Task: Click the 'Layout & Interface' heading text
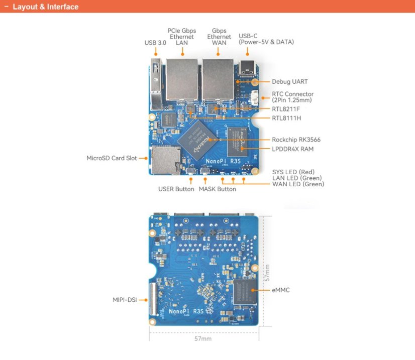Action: pos(45,7)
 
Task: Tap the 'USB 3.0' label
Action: pos(155,43)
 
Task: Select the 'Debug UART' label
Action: pos(290,81)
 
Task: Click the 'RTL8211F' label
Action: pos(286,109)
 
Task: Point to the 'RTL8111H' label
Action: pos(286,118)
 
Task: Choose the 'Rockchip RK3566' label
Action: pos(296,140)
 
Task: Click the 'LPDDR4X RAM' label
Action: pos(293,149)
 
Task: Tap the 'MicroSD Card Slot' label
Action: pos(112,158)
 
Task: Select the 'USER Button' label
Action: pos(176,189)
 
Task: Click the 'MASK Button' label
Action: pos(217,189)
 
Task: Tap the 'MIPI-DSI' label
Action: pos(125,300)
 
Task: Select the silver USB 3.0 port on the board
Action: pos(157,83)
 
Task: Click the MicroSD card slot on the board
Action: pos(162,160)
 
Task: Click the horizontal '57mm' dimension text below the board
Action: pos(203,339)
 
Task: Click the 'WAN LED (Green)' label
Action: pos(298,184)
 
